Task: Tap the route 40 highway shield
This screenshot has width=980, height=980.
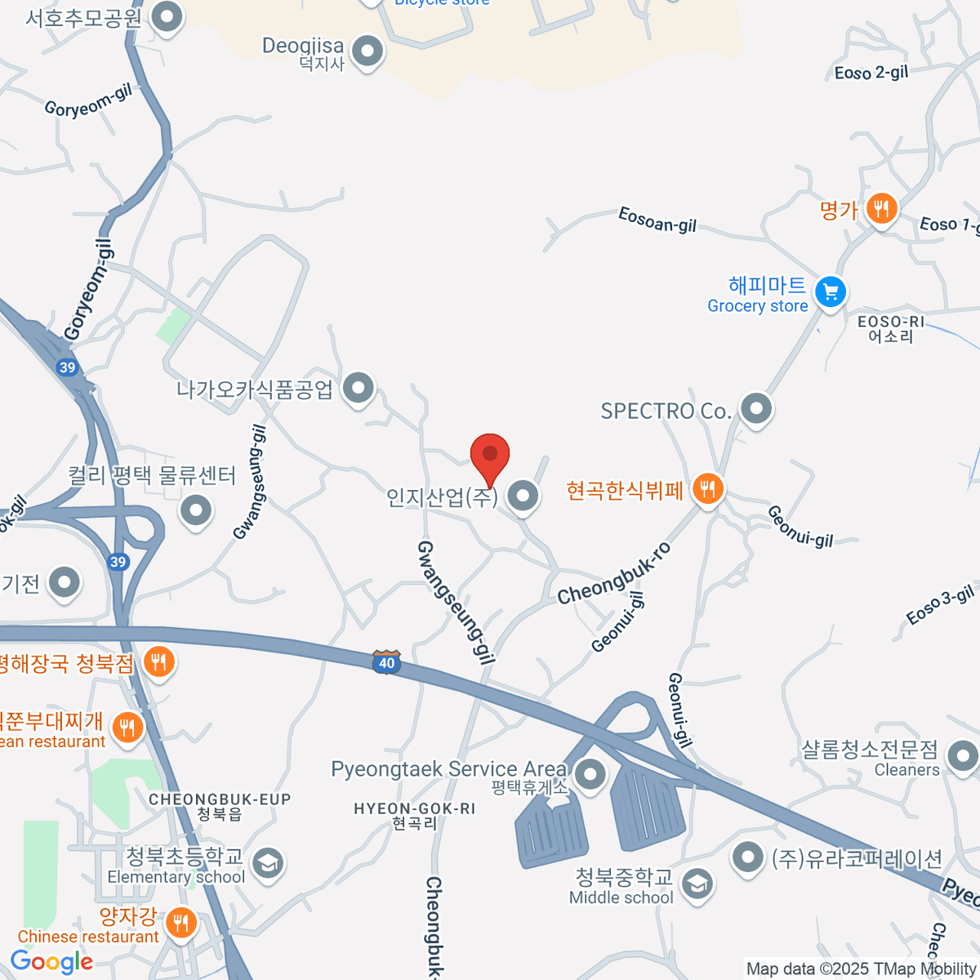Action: click(x=386, y=661)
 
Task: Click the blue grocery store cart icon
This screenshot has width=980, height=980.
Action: click(x=831, y=292)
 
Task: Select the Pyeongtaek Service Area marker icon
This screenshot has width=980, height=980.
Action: click(x=590, y=773)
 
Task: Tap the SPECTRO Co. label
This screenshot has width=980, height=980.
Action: click(x=666, y=411)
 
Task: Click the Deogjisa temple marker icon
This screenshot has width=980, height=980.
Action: click(x=367, y=51)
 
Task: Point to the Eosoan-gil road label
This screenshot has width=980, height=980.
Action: click(x=657, y=220)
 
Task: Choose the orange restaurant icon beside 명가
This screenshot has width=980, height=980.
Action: click(x=880, y=209)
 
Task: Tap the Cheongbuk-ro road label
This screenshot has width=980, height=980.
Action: click(x=614, y=574)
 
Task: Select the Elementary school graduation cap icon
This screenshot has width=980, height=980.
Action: click(x=267, y=863)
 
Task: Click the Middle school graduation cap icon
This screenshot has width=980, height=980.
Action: click(x=697, y=884)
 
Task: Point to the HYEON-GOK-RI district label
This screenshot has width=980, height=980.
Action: click(x=414, y=815)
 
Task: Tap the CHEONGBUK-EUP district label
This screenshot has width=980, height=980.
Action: click(x=220, y=806)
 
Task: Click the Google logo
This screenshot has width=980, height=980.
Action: click(x=51, y=961)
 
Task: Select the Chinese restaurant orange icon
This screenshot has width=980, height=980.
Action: click(x=180, y=923)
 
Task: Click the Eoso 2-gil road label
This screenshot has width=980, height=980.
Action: click(x=871, y=73)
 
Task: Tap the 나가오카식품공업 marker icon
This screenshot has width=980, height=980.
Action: click(x=358, y=389)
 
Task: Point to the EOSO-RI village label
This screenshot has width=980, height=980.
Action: click(x=890, y=328)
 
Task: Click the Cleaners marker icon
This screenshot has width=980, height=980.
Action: click(x=963, y=755)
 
